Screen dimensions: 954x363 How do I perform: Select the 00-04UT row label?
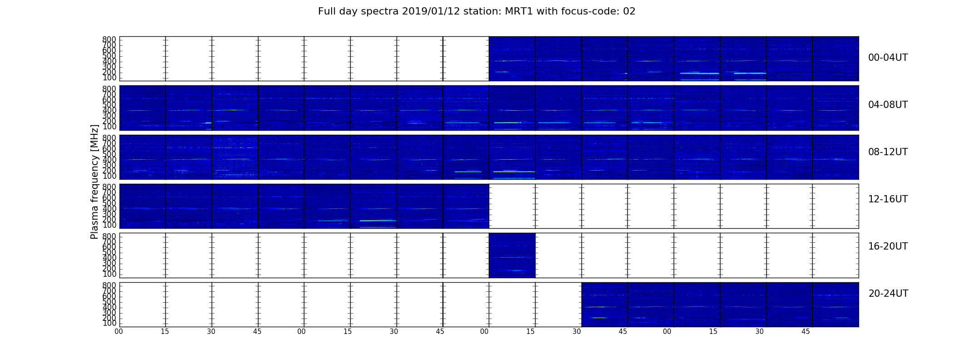(x=888, y=58)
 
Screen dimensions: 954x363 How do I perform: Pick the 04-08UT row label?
(x=888, y=105)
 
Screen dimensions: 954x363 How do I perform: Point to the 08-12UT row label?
(x=888, y=152)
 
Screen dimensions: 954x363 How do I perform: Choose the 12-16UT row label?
(x=888, y=199)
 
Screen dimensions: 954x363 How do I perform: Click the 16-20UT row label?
(x=888, y=246)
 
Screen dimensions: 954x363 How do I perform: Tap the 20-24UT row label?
(x=888, y=294)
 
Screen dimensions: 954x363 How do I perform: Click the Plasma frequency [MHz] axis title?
(x=94, y=181)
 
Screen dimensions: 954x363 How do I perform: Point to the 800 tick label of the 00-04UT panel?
(x=109, y=39)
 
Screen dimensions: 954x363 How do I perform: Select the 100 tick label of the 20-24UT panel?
(x=109, y=324)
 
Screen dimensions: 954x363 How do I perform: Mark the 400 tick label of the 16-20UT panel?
(x=109, y=258)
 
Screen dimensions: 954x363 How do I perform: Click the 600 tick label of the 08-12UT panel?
(x=109, y=149)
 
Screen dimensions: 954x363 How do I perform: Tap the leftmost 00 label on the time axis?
(x=119, y=332)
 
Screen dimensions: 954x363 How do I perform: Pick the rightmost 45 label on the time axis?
(x=805, y=332)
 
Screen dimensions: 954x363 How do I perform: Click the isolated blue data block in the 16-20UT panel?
(x=512, y=255)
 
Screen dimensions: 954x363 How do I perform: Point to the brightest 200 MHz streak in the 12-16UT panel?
(x=378, y=221)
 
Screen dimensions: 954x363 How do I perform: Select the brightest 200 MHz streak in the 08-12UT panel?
(x=514, y=172)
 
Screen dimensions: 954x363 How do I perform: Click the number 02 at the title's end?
(x=630, y=11)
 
